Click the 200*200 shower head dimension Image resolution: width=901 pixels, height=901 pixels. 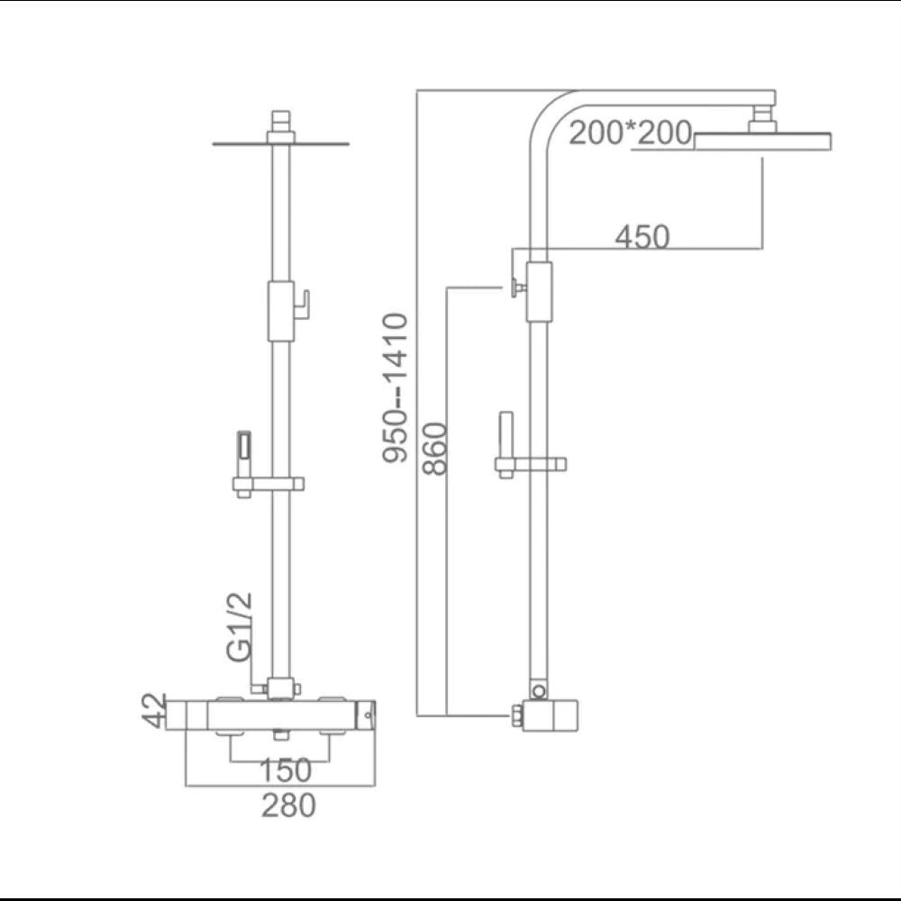tap(630, 132)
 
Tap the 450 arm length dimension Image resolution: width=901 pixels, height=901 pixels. tap(642, 237)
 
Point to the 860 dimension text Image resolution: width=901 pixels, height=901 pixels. tap(435, 448)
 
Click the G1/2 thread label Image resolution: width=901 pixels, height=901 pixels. tap(240, 628)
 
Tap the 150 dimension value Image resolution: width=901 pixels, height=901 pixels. tap(285, 770)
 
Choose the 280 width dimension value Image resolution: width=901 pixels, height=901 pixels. tap(288, 805)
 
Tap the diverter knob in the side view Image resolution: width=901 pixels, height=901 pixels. tap(517, 287)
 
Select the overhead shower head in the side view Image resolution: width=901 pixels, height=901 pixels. tap(764, 141)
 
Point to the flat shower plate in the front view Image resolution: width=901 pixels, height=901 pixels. tap(280, 143)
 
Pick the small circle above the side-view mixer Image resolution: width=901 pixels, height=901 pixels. tap(539, 691)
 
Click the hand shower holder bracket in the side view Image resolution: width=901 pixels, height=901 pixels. tap(531, 466)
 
